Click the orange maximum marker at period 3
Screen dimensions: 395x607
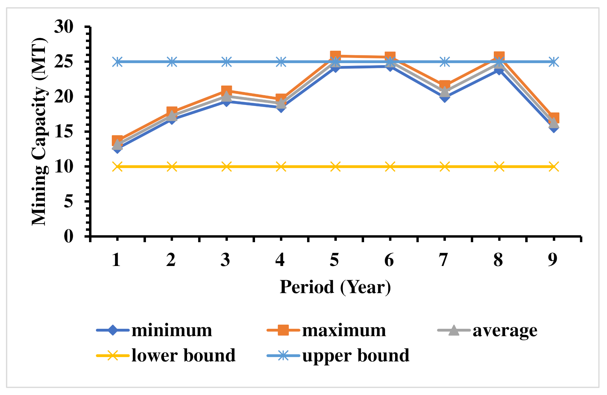tap(226, 91)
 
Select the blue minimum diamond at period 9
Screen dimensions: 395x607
tap(554, 128)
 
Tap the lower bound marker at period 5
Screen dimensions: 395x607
tap(335, 167)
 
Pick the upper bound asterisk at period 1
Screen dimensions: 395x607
tap(117, 62)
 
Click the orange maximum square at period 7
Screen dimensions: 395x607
tap(445, 85)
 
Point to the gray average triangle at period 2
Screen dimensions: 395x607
tap(172, 116)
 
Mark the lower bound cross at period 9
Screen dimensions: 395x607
tap(554, 167)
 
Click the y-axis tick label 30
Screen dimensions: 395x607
tap(64, 27)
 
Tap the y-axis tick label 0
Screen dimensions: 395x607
tap(69, 236)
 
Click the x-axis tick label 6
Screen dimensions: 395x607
tap(389, 260)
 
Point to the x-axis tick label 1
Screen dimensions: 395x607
tap(117, 260)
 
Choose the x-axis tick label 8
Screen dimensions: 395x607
tap(498, 260)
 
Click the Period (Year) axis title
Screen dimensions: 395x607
tap(335, 287)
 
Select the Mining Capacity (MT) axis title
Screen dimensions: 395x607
tap(39, 132)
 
